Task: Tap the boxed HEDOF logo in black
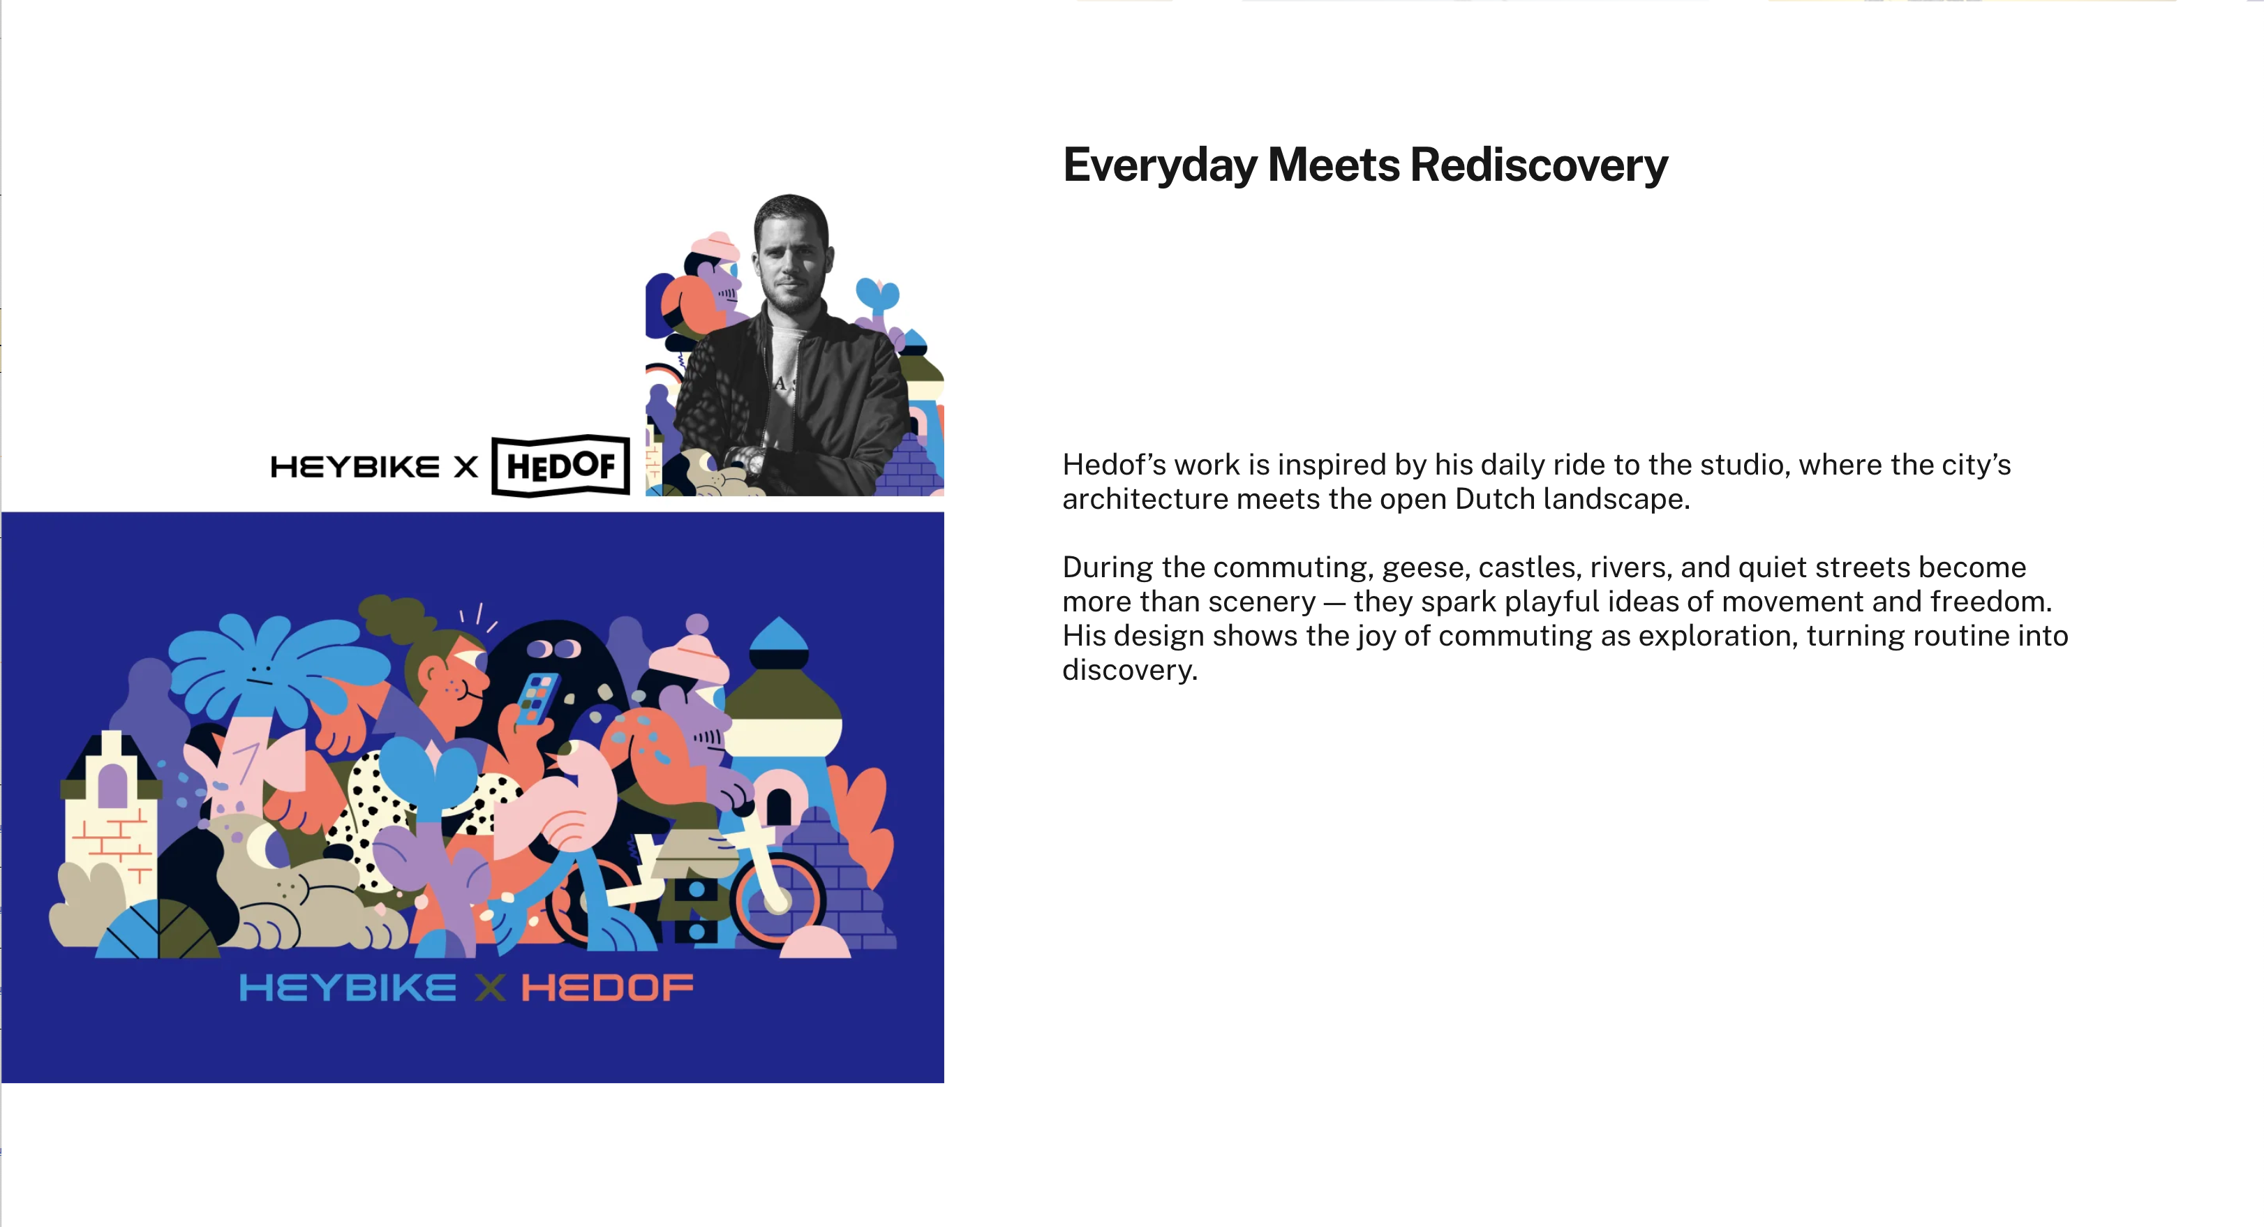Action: point(560,466)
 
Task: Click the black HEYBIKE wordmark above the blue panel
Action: point(355,467)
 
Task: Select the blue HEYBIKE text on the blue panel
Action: point(348,988)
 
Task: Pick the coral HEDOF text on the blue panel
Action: point(607,988)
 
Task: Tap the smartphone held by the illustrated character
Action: point(537,699)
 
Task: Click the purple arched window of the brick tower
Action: point(112,786)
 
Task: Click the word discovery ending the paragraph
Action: point(1129,671)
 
